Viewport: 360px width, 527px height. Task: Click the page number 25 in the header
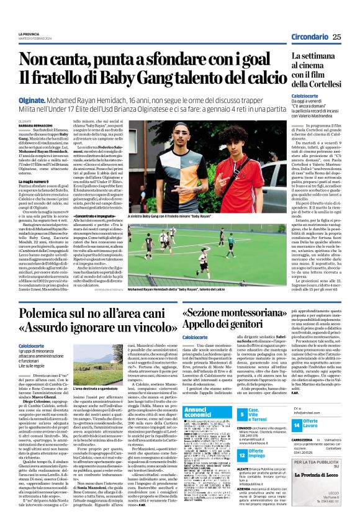click(x=336, y=37)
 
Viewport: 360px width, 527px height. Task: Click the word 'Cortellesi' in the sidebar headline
click(x=322, y=83)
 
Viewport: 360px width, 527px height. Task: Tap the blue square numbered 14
click(x=297, y=425)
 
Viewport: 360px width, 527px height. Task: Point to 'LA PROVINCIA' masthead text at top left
click(x=29, y=34)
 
